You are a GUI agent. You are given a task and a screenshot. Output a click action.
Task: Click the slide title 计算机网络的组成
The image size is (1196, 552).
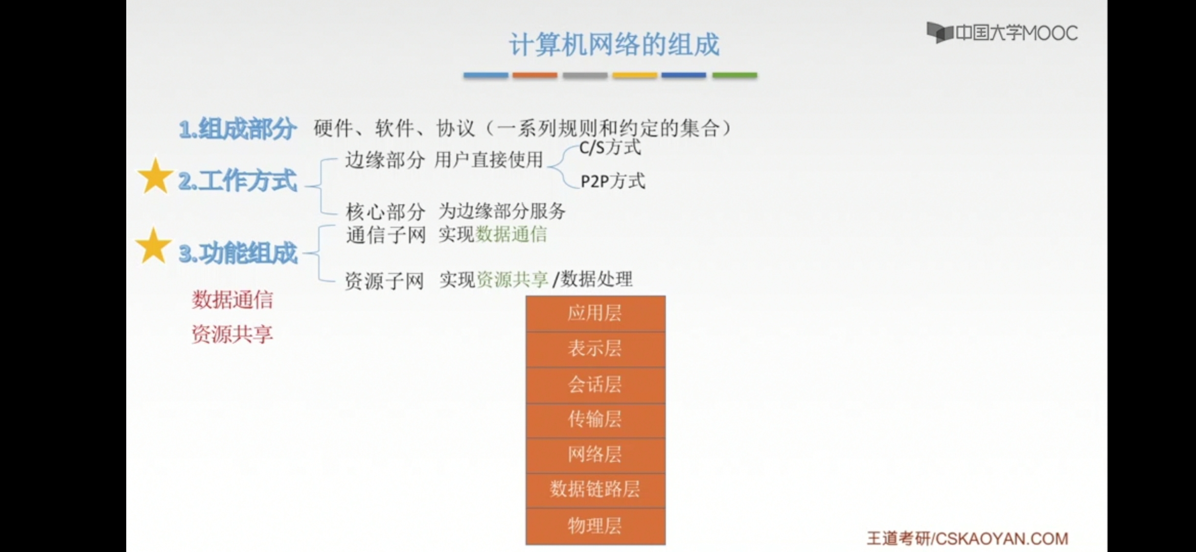[614, 44]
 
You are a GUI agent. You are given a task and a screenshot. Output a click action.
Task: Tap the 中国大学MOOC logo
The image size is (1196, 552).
[1002, 33]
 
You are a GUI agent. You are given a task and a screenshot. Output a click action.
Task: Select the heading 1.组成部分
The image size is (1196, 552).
[238, 129]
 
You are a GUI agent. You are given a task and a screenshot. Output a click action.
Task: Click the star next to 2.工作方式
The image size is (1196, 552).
[155, 176]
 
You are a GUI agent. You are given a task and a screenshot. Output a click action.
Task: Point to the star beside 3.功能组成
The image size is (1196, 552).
[153, 246]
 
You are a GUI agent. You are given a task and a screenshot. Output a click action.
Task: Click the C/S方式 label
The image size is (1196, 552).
[610, 148]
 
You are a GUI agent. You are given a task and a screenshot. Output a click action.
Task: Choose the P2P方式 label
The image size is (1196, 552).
[613, 181]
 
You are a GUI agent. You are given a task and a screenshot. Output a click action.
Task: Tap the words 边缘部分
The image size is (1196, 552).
[385, 160]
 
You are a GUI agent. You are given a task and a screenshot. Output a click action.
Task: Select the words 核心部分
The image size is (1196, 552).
[385, 211]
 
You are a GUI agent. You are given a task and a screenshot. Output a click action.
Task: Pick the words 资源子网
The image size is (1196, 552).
[384, 281]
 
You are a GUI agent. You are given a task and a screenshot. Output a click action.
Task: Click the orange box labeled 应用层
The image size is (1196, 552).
[595, 313]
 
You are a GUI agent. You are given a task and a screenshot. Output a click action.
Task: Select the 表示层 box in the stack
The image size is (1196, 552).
[595, 350]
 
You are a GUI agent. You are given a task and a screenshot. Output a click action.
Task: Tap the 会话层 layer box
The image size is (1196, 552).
[595, 385]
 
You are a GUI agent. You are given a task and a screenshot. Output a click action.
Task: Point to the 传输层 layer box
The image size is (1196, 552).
[595, 420]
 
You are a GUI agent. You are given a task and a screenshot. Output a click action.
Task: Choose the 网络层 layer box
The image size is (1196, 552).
[595, 455]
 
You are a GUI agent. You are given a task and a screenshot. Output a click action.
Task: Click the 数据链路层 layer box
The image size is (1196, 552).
[595, 490]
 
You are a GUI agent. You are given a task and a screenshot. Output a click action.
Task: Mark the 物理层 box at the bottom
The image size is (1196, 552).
[595, 526]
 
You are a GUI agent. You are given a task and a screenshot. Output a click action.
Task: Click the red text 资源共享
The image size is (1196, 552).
[232, 334]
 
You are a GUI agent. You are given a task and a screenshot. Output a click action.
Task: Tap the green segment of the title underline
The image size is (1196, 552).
[734, 75]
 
